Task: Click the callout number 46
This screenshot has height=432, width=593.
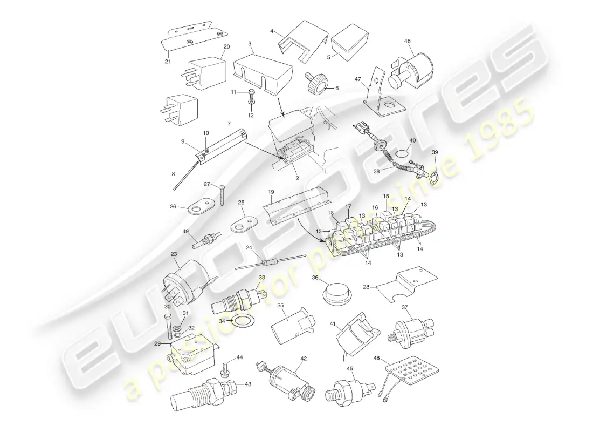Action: (407, 40)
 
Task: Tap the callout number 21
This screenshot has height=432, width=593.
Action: (168, 61)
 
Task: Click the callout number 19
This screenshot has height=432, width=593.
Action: (271, 191)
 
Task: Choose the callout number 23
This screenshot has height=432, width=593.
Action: (174, 254)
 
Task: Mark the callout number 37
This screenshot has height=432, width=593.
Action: (404, 307)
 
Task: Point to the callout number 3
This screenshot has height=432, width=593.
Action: (250, 43)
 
